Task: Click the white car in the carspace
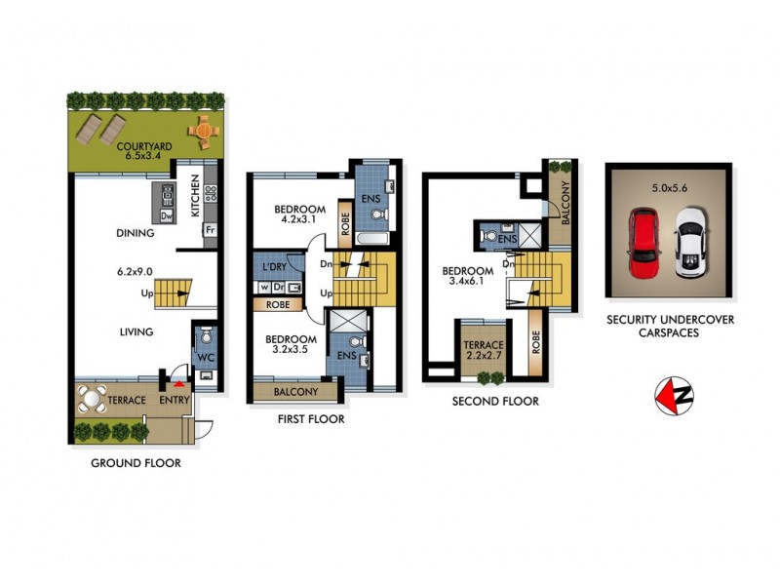click(x=689, y=241)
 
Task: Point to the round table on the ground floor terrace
click(x=93, y=399)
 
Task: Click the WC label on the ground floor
click(x=205, y=359)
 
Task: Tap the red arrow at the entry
click(x=176, y=386)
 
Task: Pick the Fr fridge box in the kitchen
click(x=208, y=231)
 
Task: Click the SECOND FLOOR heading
click(x=494, y=401)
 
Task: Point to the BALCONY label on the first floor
click(x=296, y=392)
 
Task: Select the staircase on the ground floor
click(x=175, y=292)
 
